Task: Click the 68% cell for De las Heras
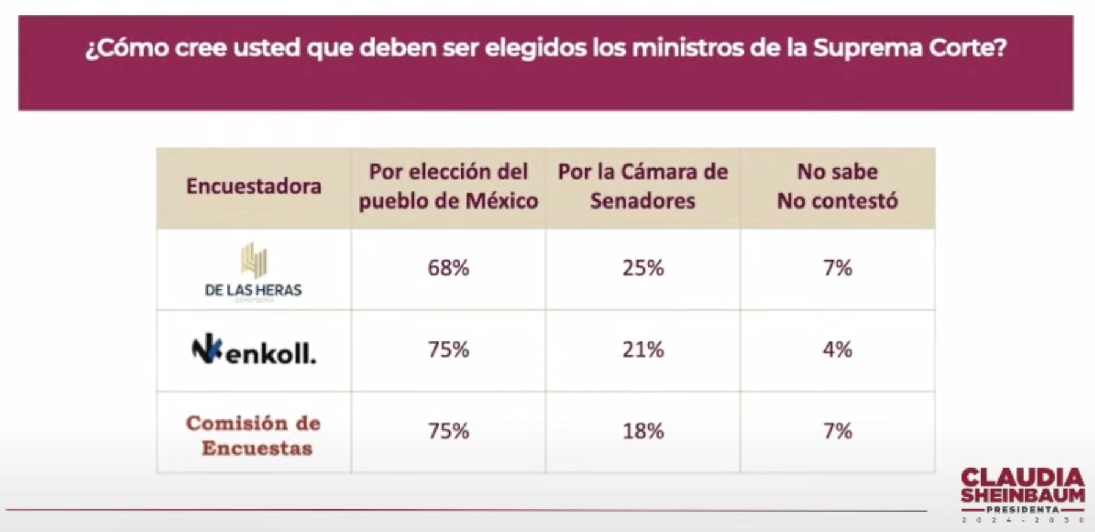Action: click(x=448, y=268)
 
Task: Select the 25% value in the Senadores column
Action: click(x=643, y=268)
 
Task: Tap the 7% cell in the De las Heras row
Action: click(x=837, y=268)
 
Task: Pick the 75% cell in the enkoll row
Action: click(x=448, y=350)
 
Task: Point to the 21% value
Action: click(x=643, y=350)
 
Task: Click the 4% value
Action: click(x=837, y=350)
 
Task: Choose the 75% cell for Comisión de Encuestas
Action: click(x=448, y=432)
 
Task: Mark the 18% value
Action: click(x=643, y=432)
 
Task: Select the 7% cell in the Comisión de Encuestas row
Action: click(x=837, y=432)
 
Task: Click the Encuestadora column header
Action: click(x=254, y=187)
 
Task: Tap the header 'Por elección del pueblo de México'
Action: click(x=448, y=187)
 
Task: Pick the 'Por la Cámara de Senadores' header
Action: click(x=643, y=187)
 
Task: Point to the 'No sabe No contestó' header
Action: click(x=837, y=187)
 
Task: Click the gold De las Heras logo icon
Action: click(x=254, y=260)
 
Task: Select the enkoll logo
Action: click(x=254, y=350)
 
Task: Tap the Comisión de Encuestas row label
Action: click(x=254, y=435)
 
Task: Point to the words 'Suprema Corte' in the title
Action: click(x=909, y=48)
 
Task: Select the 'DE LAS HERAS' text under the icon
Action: click(x=253, y=290)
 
